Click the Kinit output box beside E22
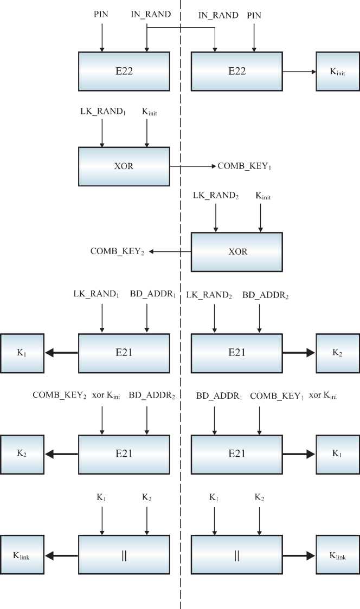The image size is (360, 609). [338, 72]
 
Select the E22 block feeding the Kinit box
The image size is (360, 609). [236, 72]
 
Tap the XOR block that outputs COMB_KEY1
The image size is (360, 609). [124, 166]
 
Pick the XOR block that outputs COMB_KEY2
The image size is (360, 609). [236, 251]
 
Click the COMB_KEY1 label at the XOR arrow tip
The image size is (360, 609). [244, 166]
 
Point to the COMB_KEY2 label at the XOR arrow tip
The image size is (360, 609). [117, 251]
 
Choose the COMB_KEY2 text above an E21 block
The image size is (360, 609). [60, 396]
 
